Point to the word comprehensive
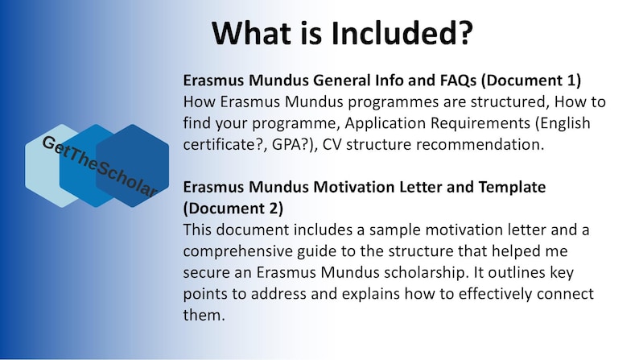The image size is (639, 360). coord(241,250)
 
